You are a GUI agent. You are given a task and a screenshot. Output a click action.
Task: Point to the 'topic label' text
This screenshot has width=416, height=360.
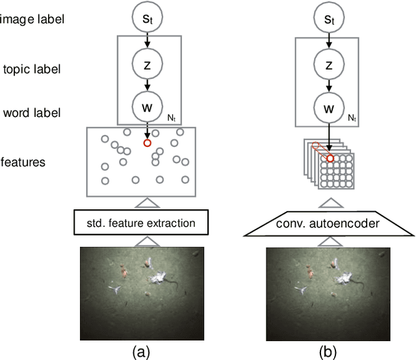31,70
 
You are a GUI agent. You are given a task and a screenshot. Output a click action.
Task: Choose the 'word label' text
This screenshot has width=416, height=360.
31,113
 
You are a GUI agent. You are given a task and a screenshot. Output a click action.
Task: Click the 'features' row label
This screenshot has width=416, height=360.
23,162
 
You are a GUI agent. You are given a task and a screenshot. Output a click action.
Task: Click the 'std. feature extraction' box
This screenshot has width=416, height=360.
141,223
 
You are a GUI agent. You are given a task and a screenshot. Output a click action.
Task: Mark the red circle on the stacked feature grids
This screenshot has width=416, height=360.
330,158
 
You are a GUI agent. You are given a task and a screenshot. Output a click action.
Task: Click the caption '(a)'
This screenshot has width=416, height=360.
141,352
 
